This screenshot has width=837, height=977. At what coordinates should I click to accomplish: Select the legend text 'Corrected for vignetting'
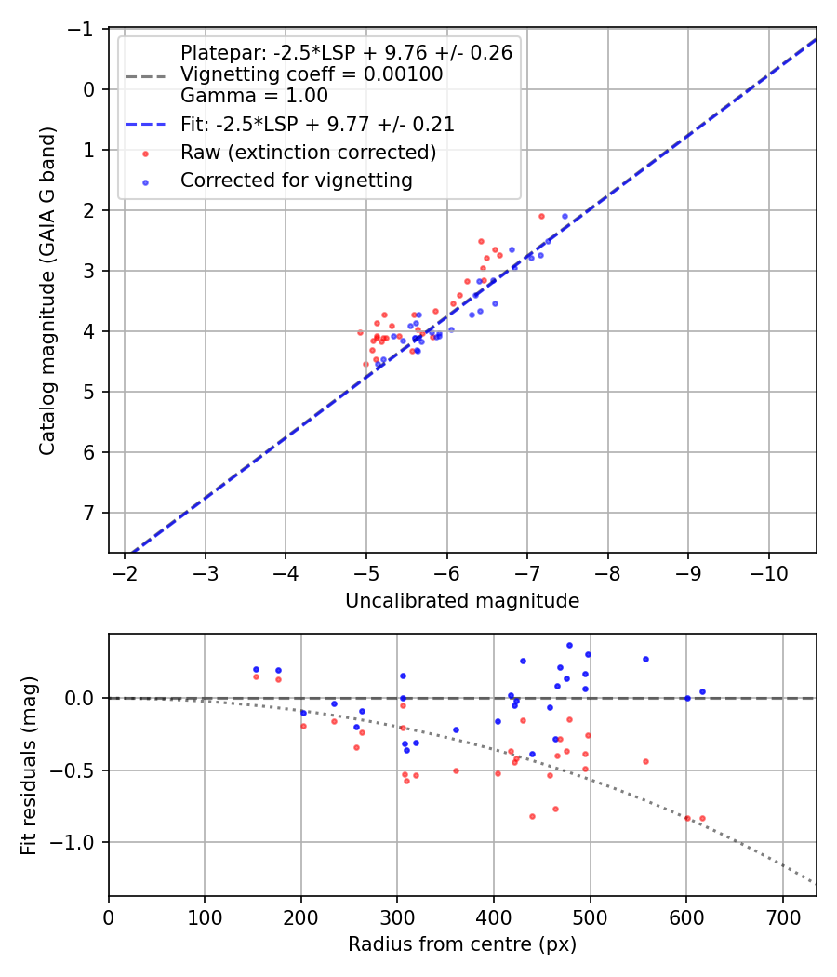click(296, 181)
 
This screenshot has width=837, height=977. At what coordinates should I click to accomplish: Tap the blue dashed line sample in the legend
click(145, 124)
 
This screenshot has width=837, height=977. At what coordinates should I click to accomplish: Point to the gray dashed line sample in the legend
click(145, 74)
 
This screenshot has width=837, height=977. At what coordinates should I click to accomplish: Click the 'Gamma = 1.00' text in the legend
click(254, 95)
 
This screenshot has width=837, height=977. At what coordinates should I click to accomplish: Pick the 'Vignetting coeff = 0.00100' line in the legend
click(312, 74)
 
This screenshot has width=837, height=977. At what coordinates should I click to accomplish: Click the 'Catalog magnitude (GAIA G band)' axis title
click(47, 290)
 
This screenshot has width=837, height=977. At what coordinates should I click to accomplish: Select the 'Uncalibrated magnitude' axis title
click(462, 601)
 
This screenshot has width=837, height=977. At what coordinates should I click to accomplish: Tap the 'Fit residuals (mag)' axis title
click(29, 764)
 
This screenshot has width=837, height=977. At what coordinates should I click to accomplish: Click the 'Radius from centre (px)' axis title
click(462, 944)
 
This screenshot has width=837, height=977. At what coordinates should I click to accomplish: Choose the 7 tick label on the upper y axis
click(90, 513)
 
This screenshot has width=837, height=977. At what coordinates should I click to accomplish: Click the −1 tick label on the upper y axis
click(85, 30)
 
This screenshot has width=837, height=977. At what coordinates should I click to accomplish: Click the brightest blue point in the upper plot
click(565, 216)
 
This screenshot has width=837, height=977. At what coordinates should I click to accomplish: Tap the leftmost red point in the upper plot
click(360, 332)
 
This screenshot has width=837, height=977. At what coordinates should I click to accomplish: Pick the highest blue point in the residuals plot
click(569, 645)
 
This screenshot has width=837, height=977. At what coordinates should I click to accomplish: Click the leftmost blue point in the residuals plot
click(256, 669)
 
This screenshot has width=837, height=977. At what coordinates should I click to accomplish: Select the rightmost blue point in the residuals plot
click(702, 691)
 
